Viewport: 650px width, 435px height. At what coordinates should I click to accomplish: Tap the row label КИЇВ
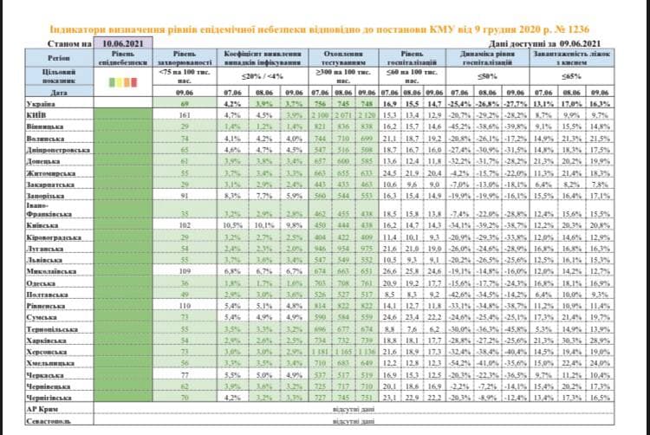point(37,113)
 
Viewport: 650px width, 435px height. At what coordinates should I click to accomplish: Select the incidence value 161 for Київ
point(184,114)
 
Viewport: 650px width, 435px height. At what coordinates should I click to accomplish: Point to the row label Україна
point(42,102)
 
